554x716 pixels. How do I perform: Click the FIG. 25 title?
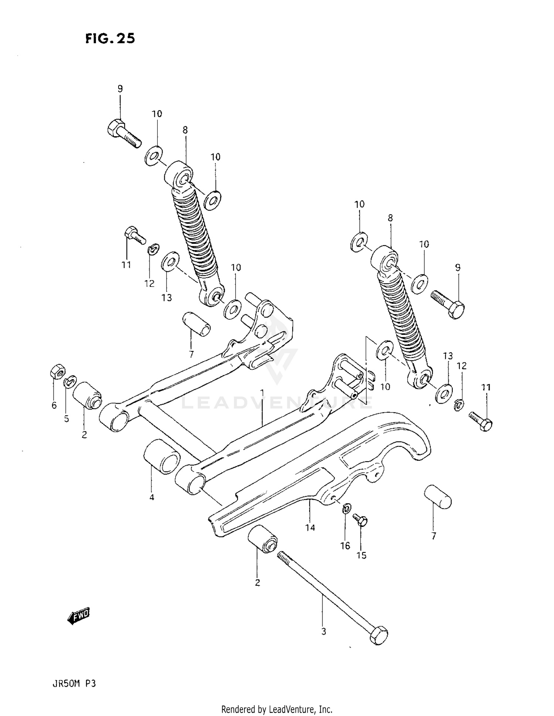click(x=110, y=38)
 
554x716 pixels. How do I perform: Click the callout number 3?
click(x=324, y=631)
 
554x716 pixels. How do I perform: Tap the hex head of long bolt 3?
click(x=379, y=635)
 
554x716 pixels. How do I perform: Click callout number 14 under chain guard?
click(x=310, y=528)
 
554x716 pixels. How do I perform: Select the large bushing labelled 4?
click(x=161, y=456)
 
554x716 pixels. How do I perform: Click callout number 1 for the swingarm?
click(x=262, y=392)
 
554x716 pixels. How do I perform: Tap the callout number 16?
click(x=345, y=546)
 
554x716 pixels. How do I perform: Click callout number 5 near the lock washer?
click(x=66, y=419)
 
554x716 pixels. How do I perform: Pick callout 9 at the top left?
click(x=120, y=89)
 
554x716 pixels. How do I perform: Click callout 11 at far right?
click(x=486, y=387)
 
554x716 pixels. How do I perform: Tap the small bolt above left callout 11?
click(x=135, y=235)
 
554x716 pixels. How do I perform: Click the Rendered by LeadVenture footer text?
click(x=277, y=709)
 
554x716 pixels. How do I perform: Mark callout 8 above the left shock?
click(x=185, y=130)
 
